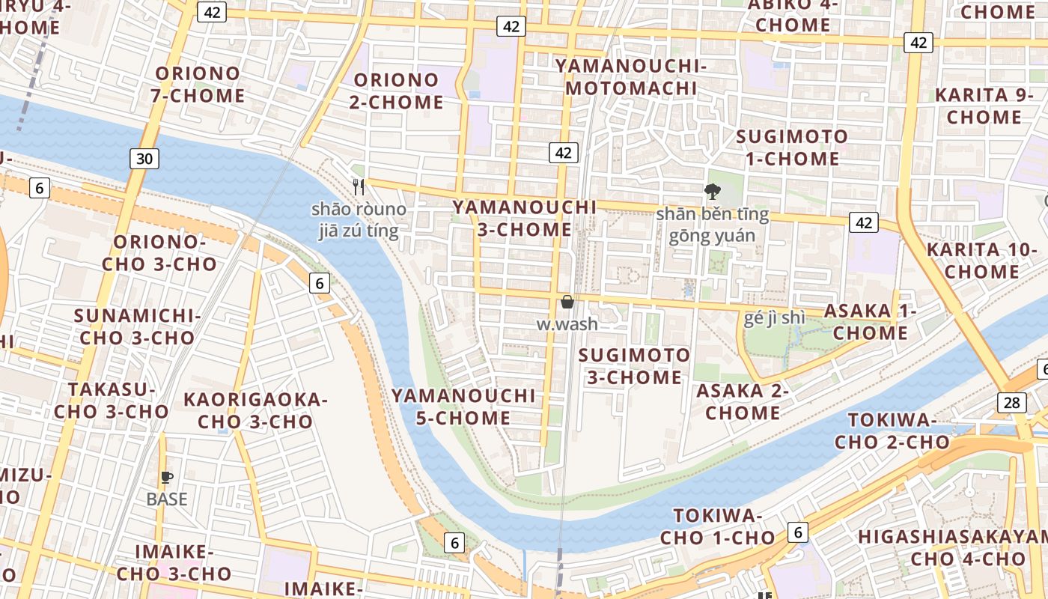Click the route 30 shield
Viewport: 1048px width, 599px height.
pos(144,158)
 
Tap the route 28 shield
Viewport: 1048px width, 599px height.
pos(1011,403)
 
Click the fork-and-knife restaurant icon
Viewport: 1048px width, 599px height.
pos(359,186)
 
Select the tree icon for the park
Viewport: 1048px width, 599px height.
pos(712,192)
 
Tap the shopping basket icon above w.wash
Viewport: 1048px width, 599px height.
pos(567,302)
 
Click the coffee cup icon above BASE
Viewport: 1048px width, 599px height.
pos(166,477)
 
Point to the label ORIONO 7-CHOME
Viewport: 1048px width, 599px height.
pos(198,85)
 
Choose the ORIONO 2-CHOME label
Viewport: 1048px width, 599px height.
pos(396,91)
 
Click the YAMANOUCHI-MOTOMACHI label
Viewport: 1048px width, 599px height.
pos(631,77)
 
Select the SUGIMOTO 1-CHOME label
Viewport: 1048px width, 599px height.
pos(792,148)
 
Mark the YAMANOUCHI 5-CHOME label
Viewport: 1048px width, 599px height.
pos(463,406)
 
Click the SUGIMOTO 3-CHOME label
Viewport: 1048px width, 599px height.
pos(635,365)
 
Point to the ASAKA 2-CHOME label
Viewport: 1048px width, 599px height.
pos(743,401)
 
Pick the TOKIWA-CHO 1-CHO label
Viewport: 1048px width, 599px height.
pos(717,526)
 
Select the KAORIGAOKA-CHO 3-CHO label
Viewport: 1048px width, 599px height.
pos(255,410)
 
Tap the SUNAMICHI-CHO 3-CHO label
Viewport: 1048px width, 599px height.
pos(137,326)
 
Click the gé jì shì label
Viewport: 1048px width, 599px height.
pos(775,317)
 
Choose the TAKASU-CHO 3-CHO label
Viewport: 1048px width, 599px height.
pos(112,401)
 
